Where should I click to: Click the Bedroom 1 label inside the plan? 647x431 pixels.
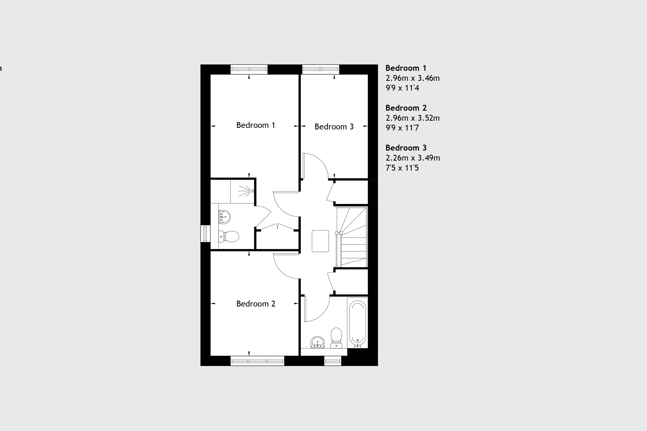(x=256, y=125)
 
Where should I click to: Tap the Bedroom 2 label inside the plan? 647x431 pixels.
(x=256, y=304)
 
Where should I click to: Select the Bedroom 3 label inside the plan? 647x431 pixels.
(x=334, y=127)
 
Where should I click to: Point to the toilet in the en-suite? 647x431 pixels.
(x=229, y=236)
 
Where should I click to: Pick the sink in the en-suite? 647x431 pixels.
(x=225, y=217)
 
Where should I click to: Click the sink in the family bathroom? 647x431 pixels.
(x=318, y=342)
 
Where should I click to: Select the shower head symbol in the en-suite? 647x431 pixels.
(x=246, y=191)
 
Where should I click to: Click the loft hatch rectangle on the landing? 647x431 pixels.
(x=320, y=241)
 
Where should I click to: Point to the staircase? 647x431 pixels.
(x=352, y=237)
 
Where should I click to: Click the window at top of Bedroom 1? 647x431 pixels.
(x=249, y=69)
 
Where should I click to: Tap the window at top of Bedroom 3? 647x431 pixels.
(x=321, y=69)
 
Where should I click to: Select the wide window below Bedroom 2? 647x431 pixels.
(x=257, y=361)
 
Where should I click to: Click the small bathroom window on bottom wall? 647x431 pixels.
(x=332, y=361)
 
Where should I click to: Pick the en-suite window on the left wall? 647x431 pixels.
(x=205, y=233)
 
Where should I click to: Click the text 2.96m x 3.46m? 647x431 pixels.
(x=412, y=78)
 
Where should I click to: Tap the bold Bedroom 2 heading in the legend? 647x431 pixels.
(x=406, y=108)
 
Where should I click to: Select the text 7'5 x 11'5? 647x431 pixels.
(x=402, y=168)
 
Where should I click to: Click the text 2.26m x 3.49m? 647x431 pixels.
(x=413, y=158)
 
